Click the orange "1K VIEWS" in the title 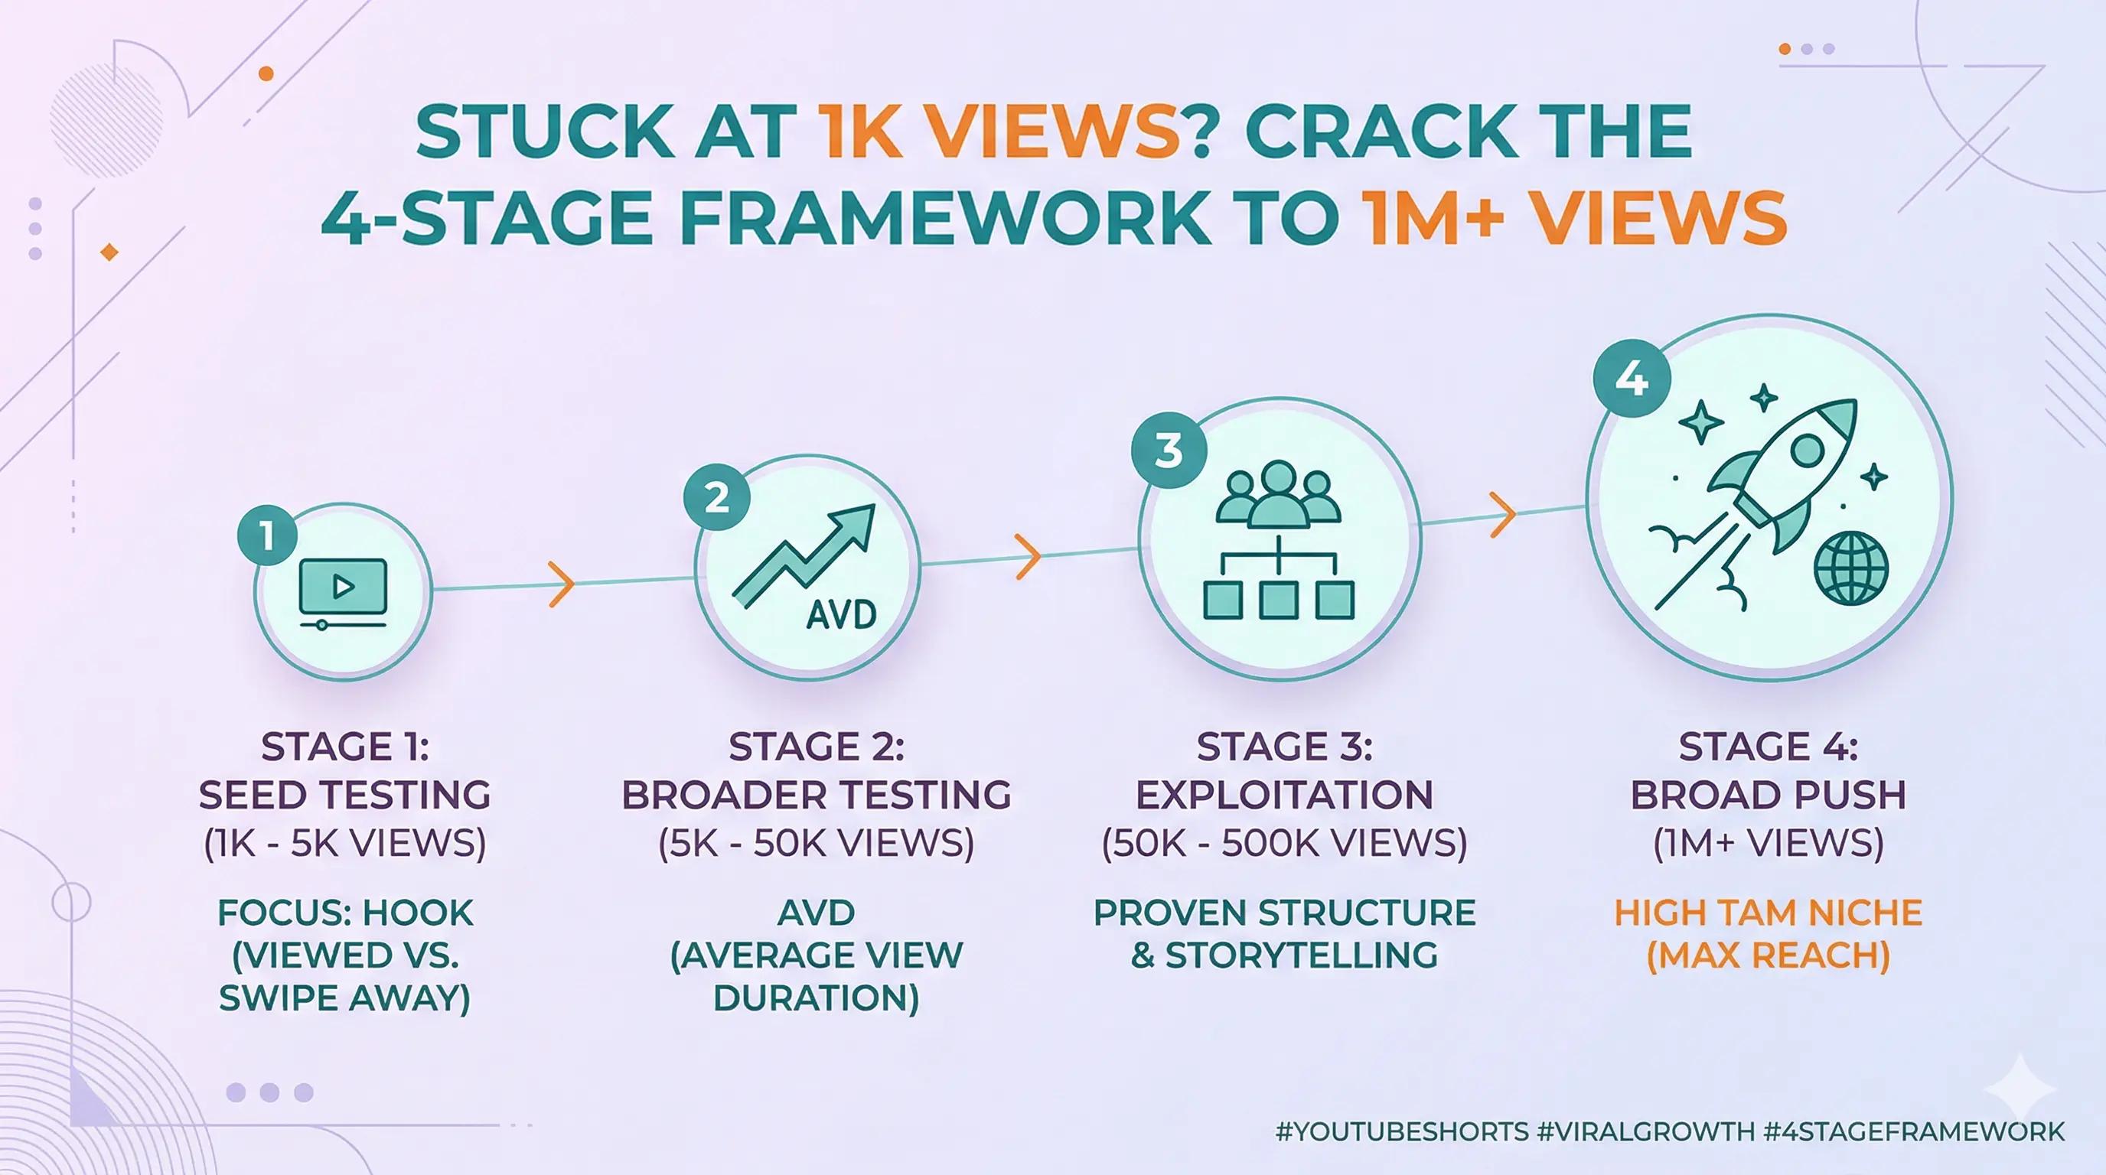(997, 134)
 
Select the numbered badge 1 (266, 536)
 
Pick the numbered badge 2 (716, 496)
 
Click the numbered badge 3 (1169, 449)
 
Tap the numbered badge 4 (1632, 380)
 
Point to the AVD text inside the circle (840, 614)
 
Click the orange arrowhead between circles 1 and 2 (561, 584)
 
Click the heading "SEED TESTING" (344, 795)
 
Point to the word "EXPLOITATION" (1283, 795)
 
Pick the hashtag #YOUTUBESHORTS (1401, 1131)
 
